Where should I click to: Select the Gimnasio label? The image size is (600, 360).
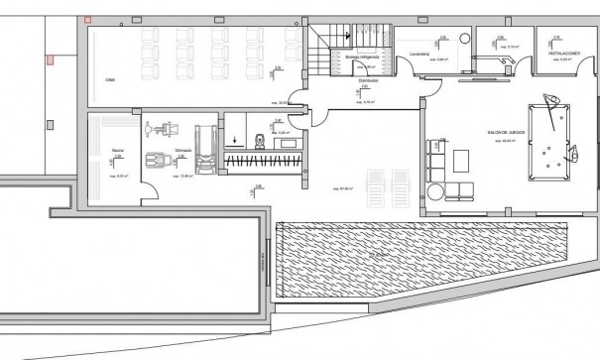coord(182,152)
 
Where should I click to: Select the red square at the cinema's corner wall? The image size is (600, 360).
coord(88,19)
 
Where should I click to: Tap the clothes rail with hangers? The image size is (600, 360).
coord(262,160)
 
